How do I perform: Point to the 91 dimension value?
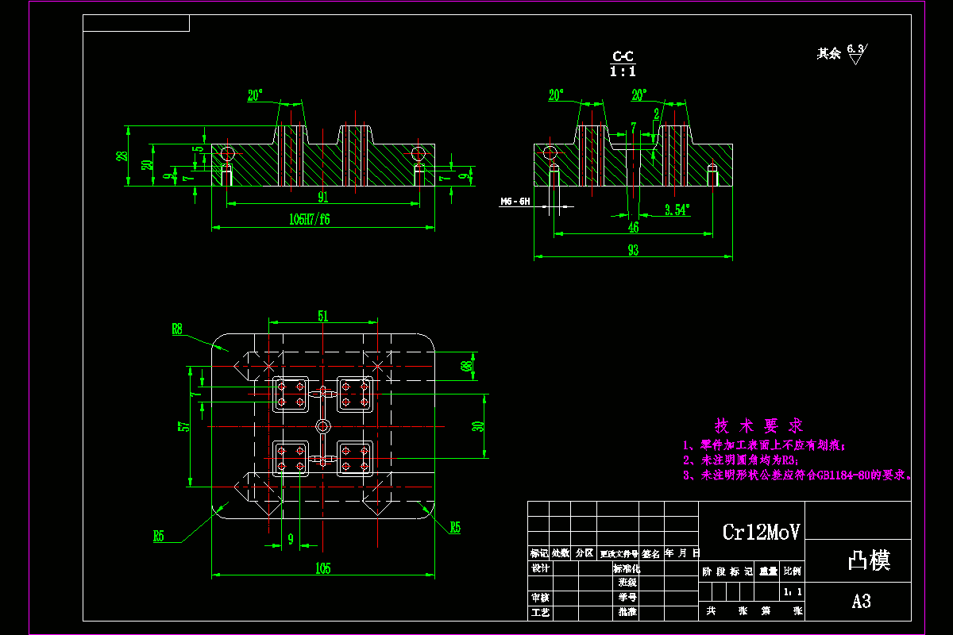click(x=322, y=197)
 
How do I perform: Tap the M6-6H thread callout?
click(x=515, y=202)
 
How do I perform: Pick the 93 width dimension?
click(x=633, y=250)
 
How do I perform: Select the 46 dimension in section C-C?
click(x=633, y=227)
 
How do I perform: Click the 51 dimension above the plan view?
click(x=322, y=316)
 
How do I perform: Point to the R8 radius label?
click(x=177, y=327)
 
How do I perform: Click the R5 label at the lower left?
click(x=159, y=537)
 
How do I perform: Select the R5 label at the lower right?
click(x=455, y=527)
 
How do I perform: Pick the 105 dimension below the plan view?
click(x=322, y=568)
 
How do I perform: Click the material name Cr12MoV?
click(x=760, y=532)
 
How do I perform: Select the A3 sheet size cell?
click(x=861, y=602)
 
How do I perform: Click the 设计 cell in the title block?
click(x=540, y=568)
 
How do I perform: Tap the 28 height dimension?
click(x=122, y=156)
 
